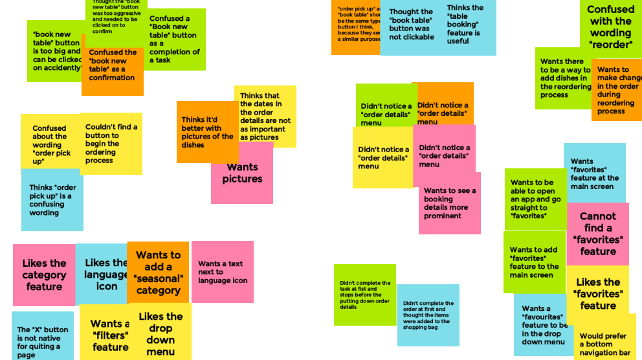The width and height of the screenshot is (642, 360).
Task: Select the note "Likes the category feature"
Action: tap(44, 275)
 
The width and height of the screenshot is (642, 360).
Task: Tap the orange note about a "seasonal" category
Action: tap(158, 272)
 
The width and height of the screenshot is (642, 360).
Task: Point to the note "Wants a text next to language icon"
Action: tap(222, 272)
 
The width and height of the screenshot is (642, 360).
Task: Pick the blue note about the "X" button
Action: tap(42, 337)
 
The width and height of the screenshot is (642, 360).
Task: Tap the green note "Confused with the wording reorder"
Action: tap(610, 27)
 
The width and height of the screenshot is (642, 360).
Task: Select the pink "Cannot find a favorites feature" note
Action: tap(597, 233)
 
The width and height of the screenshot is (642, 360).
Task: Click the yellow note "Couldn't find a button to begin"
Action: tap(111, 144)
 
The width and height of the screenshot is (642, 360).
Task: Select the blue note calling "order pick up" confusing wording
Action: tap(52, 200)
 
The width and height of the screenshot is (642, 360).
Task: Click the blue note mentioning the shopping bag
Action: tap(428, 315)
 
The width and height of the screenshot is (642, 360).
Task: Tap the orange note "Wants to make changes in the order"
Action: tap(616, 89)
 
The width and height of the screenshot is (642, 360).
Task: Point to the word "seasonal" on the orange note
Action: tap(158, 278)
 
